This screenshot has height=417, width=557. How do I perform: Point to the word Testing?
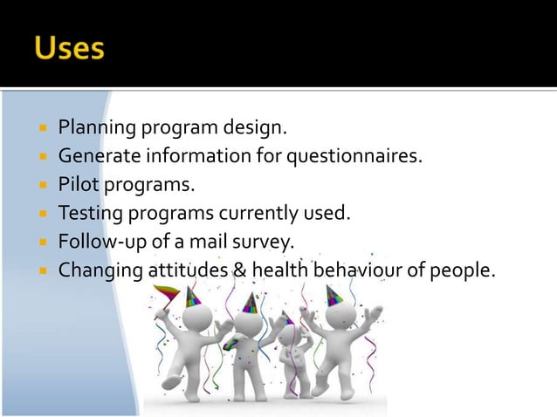point(90,213)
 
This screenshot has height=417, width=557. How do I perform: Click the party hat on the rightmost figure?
point(334,297)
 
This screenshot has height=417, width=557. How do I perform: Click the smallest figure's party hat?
point(287,317)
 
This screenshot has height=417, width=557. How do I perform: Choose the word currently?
point(264,213)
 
